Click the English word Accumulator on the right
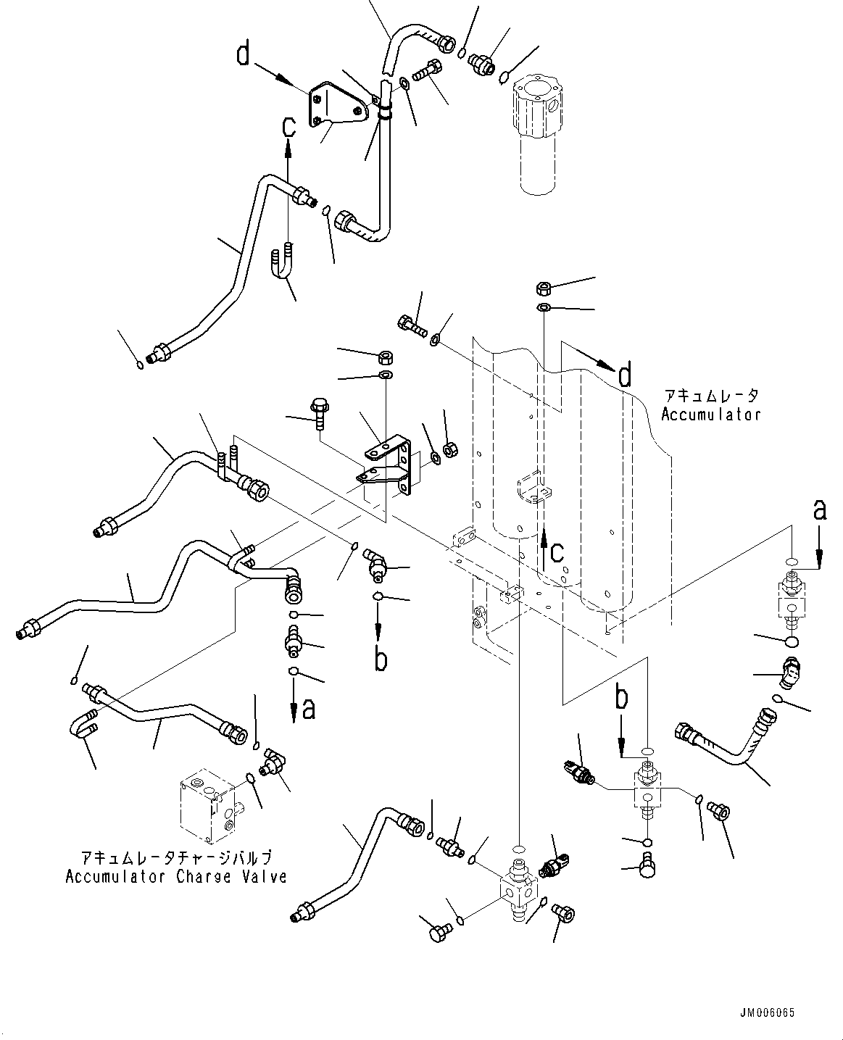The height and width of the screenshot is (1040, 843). click(710, 415)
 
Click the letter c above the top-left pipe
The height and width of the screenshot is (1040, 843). click(288, 127)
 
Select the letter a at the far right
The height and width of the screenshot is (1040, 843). click(819, 510)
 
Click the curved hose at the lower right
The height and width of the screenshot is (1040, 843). click(732, 737)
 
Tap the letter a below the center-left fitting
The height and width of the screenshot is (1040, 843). click(309, 710)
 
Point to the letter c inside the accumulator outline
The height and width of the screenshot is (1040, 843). click(556, 553)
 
